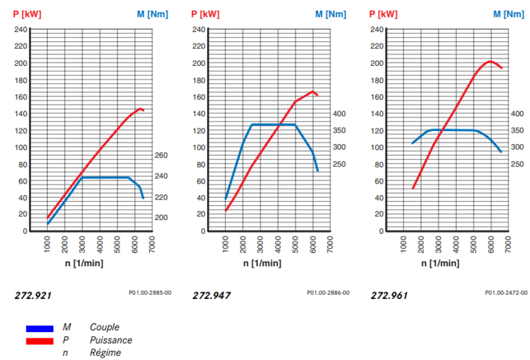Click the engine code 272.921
coord(33,295)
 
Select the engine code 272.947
coord(212,295)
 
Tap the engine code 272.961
coord(390,295)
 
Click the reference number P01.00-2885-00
coord(149,293)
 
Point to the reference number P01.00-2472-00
coord(506,293)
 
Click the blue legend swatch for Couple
coord(39,329)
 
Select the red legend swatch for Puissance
coord(39,340)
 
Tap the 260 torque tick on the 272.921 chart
coord(161,156)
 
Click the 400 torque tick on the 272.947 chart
coord(339,114)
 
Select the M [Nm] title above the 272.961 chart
coord(506,14)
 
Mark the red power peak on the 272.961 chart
coord(490,62)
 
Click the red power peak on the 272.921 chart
coord(140,108)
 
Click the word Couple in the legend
coord(104,327)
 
